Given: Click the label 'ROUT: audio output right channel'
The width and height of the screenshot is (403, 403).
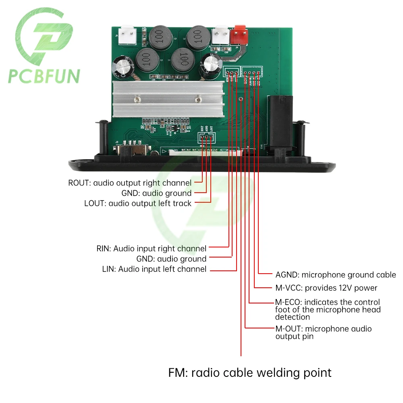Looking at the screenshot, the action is click(x=130, y=183).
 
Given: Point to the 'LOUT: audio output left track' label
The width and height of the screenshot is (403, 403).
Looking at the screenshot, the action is click(x=138, y=203).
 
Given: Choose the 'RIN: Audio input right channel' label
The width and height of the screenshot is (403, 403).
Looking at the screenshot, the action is click(x=151, y=249).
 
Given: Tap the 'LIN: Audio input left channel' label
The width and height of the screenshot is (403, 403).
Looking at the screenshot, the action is click(x=154, y=269).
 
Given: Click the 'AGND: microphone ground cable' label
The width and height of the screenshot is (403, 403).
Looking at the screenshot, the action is click(x=336, y=275).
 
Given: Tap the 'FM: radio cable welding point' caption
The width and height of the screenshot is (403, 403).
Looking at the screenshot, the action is click(x=250, y=372).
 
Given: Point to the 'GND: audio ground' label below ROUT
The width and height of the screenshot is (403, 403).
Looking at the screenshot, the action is click(x=156, y=193).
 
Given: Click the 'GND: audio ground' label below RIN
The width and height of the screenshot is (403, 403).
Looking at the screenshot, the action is click(x=171, y=259).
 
